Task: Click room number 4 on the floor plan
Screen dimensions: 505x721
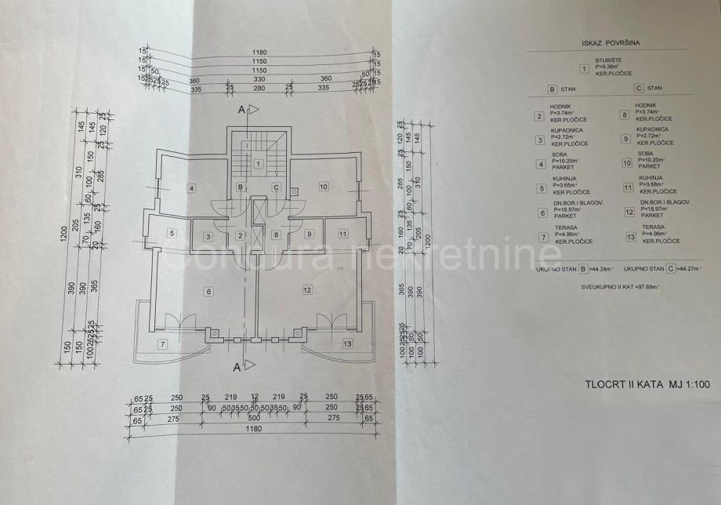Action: [x=190, y=187]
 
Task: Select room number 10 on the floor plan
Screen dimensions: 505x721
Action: [x=323, y=187]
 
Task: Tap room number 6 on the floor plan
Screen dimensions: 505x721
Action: [x=208, y=292]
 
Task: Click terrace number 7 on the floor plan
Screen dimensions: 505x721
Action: [x=163, y=344]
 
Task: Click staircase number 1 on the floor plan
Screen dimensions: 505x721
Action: [x=258, y=164]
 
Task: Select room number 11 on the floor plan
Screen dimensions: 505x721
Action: [x=342, y=234]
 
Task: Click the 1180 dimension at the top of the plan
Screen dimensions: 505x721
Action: [x=259, y=53]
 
